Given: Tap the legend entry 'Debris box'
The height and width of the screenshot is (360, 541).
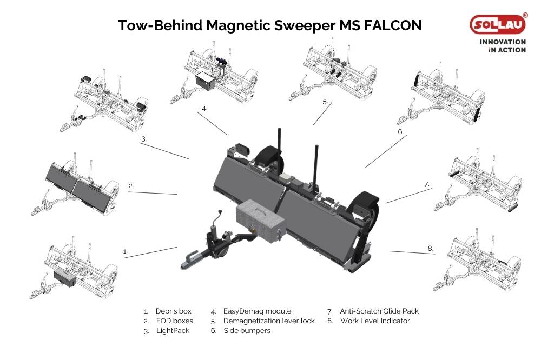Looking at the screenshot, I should [173, 311].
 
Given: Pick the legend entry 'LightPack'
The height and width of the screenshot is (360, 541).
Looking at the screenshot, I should [173, 330].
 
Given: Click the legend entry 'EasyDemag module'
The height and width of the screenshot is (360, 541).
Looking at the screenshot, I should [257, 311].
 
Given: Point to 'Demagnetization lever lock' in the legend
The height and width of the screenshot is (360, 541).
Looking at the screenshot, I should [269, 321].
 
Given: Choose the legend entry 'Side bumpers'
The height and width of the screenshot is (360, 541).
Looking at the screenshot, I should [247, 330].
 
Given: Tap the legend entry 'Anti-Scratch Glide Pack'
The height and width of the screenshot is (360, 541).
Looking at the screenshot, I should [379, 311].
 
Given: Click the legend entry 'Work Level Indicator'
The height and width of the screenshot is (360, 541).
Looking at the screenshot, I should [375, 321].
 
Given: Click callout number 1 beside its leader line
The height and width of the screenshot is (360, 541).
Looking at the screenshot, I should [126, 251].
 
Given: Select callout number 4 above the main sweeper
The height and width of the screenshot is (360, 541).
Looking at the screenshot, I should [204, 109].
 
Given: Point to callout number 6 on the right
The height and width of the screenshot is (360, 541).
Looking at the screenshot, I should [400, 131].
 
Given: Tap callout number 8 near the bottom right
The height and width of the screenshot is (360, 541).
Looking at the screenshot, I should [431, 248].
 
